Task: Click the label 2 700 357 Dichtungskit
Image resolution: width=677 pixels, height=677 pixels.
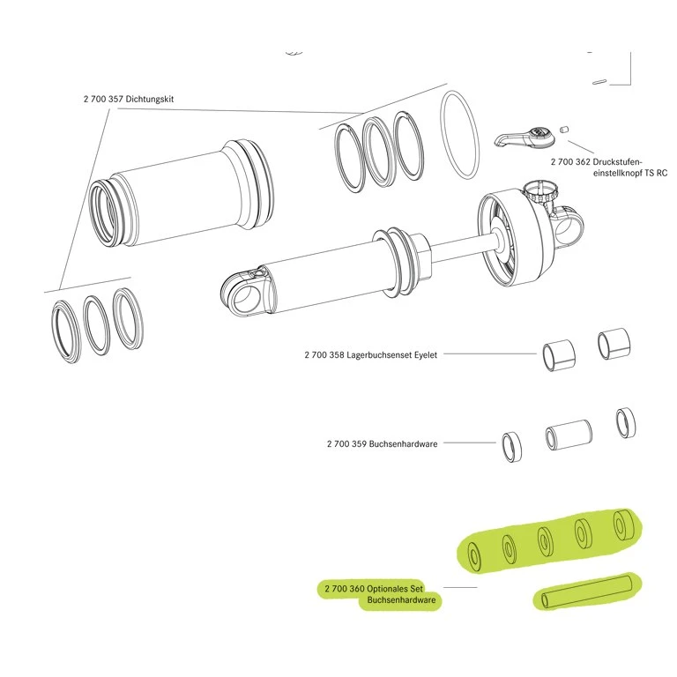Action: coord(129,100)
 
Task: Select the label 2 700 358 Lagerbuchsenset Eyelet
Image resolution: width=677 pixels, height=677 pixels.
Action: coord(370,354)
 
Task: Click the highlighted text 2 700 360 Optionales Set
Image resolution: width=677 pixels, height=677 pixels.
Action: coord(375,588)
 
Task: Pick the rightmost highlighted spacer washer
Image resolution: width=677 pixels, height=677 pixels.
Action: coord(622,524)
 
